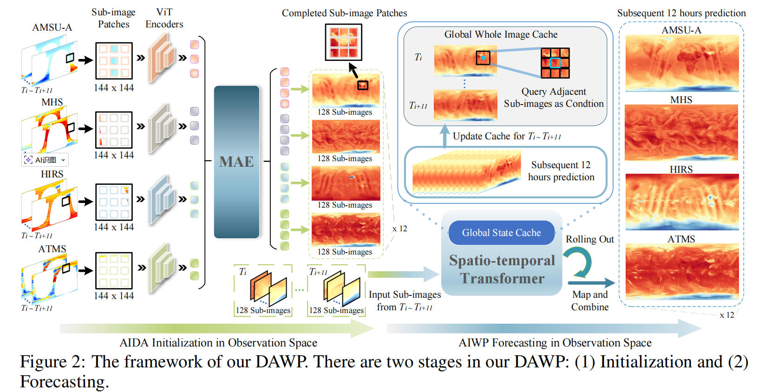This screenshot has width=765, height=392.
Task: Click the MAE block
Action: (x=236, y=162)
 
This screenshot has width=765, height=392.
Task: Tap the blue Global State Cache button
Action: (x=501, y=233)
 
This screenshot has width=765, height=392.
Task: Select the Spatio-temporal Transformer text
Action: (x=502, y=269)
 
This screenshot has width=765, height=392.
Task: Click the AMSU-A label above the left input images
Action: (x=52, y=27)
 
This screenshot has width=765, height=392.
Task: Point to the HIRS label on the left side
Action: (x=52, y=174)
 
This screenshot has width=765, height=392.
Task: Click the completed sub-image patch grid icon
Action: (x=344, y=42)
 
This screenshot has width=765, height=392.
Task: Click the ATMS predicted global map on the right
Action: (x=682, y=272)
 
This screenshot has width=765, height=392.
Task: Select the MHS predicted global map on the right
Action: (x=681, y=133)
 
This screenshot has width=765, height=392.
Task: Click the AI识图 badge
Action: (x=45, y=160)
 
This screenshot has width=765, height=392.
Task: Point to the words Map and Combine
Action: (x=590, y=301)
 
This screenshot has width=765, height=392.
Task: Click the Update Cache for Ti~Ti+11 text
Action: (x=507, y=136)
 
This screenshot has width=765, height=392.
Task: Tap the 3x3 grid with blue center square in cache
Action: (x=555, y=63)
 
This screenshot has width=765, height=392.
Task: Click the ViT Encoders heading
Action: (x=164, y=18)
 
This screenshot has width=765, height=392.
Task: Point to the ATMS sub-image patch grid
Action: (x=114, y=271)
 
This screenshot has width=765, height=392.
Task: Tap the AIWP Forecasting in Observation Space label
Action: (x=555, y=343)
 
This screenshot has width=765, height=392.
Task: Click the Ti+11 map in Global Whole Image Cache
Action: (x=465, y=105)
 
